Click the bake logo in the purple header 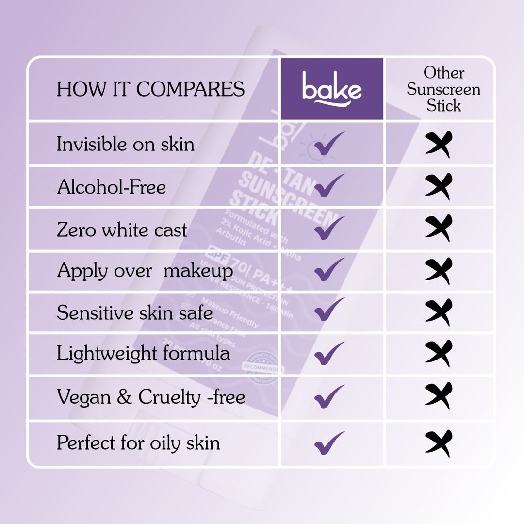pos(332,88)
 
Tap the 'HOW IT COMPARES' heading pos(151,89)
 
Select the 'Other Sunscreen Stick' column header pos(443,89)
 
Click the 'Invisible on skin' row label pos(126,144)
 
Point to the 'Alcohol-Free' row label pos(112,187)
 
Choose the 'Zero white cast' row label pos(122,230)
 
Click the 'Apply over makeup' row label pos(145,271)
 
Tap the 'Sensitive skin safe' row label pos(135,313)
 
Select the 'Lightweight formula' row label pos(143,353)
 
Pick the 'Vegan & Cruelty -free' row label pos(151,397)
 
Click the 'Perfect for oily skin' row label pos(138,443)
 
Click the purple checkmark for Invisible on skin pos(329,144)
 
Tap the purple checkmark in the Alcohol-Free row pos(329,186)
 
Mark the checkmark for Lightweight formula pos(329,353)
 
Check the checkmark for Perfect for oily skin pos(329,443)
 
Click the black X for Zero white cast pos(439,228)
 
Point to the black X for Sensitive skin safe pos(439,312)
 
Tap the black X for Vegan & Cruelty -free pos(439,396)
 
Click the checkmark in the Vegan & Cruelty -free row pos(329,396)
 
